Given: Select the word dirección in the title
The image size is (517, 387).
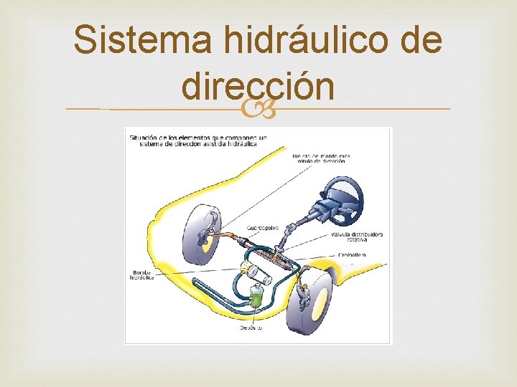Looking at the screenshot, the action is tap(258, 87).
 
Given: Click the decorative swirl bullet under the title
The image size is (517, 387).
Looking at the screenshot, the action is tap(257, 110).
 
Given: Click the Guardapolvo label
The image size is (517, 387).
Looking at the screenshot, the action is tap(263, 228).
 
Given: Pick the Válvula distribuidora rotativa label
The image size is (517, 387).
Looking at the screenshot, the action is tap(357, 237).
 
